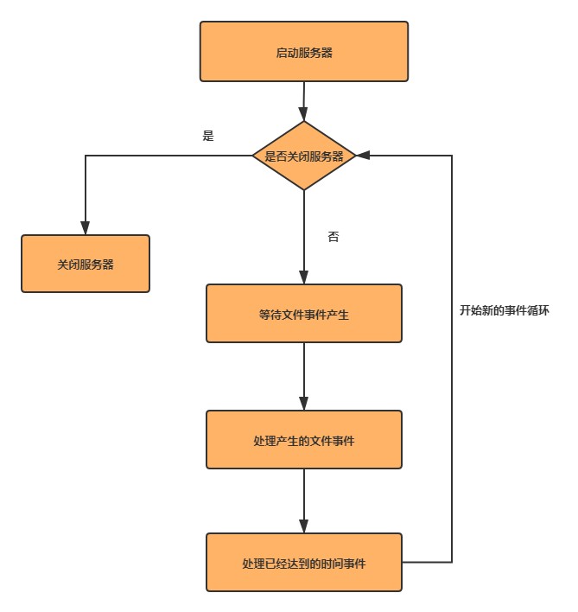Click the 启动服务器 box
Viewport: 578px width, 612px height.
coord(303,52)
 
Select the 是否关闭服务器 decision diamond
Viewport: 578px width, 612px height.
coord(303,156)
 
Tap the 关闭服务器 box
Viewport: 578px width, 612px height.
coord(86,264)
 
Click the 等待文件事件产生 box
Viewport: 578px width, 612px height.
coord(303,314)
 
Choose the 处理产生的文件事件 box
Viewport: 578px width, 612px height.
coord(303,440)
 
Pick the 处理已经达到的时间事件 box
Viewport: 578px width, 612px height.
coord(303,563)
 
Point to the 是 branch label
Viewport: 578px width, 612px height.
coord(207,136)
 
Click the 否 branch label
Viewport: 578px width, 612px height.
coord(333,236)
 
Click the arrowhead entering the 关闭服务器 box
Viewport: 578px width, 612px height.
coord(86,228)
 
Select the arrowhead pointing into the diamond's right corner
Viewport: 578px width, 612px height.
coord(363,156)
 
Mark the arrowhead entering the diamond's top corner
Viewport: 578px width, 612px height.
coord(303,114)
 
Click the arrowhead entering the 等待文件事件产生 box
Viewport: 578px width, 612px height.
coord(303,277)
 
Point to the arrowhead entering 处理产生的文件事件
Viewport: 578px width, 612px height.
coord(303,404)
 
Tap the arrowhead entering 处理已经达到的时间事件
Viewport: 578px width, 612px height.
coord(303,526)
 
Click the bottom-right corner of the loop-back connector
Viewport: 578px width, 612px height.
coord(452,562)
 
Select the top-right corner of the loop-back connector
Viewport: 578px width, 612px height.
coord(452,156)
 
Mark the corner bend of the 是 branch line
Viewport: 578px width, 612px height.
coord(86,156)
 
